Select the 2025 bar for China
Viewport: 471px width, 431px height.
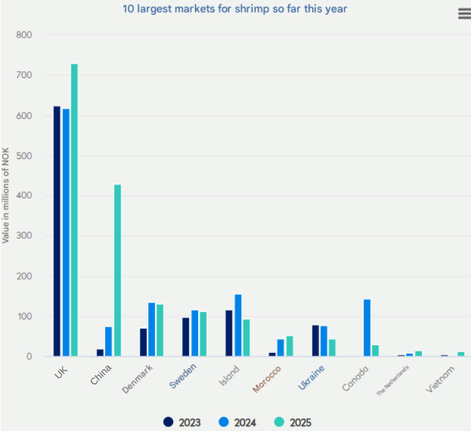pyautogui.click(x=117, y=270)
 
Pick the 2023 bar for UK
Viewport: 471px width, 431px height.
pyautogui.click(x=57, y=231)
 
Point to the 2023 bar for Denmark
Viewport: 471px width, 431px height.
pyautogui.click(x=143, y=342)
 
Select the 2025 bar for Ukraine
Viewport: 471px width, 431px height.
pyautogui.click(x=332, y=348)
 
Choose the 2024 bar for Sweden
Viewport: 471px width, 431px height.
pyautogui.click(x=195, y=333)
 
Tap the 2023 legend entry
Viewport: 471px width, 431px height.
pyautogui.click(x=182, y=422)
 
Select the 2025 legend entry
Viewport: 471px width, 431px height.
pyautogui.click(x=293, y=422)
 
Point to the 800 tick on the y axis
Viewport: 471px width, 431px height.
pyautogui.click(x=24, y=35)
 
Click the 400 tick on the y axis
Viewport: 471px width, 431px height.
pyautogui.click(x=24, y=196)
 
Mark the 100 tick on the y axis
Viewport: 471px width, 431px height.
pyautogui.click(x=24, y=316)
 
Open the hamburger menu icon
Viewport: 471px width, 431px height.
pyautogui.click(x=464, y=14)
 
